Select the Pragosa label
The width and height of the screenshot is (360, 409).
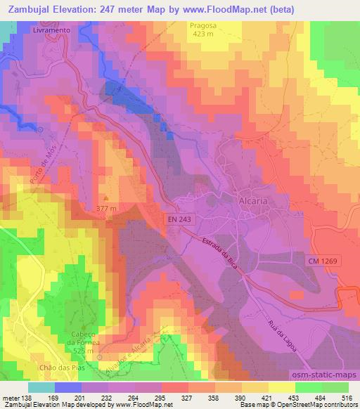tap(204, 24)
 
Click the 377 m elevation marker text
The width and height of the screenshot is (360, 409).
tap(106, 209)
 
